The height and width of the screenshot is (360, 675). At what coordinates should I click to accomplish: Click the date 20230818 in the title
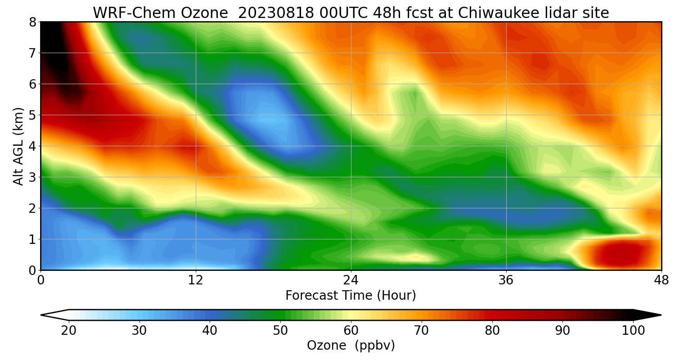[x=274, y=13]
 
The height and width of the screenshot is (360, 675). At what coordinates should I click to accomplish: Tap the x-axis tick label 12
[x=196, y=280]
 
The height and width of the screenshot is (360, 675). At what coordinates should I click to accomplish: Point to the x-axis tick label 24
[x=351, y=280]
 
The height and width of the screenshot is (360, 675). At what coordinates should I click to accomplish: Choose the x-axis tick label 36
[x=506, y=280]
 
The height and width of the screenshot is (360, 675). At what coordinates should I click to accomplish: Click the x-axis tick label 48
[x=661, y=280]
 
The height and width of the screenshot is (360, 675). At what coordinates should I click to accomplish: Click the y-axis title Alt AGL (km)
[x=18, y=146]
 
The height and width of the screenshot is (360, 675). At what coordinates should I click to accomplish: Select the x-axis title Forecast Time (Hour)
[x=351, y=296]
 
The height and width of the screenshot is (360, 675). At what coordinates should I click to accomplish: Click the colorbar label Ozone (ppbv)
[x=351, y=346]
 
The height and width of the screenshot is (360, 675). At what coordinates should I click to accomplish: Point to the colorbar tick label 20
[x=69, y=331]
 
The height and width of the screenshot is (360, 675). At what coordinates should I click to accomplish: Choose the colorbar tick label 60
[x=351, y=331]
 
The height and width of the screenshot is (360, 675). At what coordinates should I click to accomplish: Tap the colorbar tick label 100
[x=633, y=331]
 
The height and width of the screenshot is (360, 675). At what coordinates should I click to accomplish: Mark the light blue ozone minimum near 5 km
[x=265, y=119]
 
